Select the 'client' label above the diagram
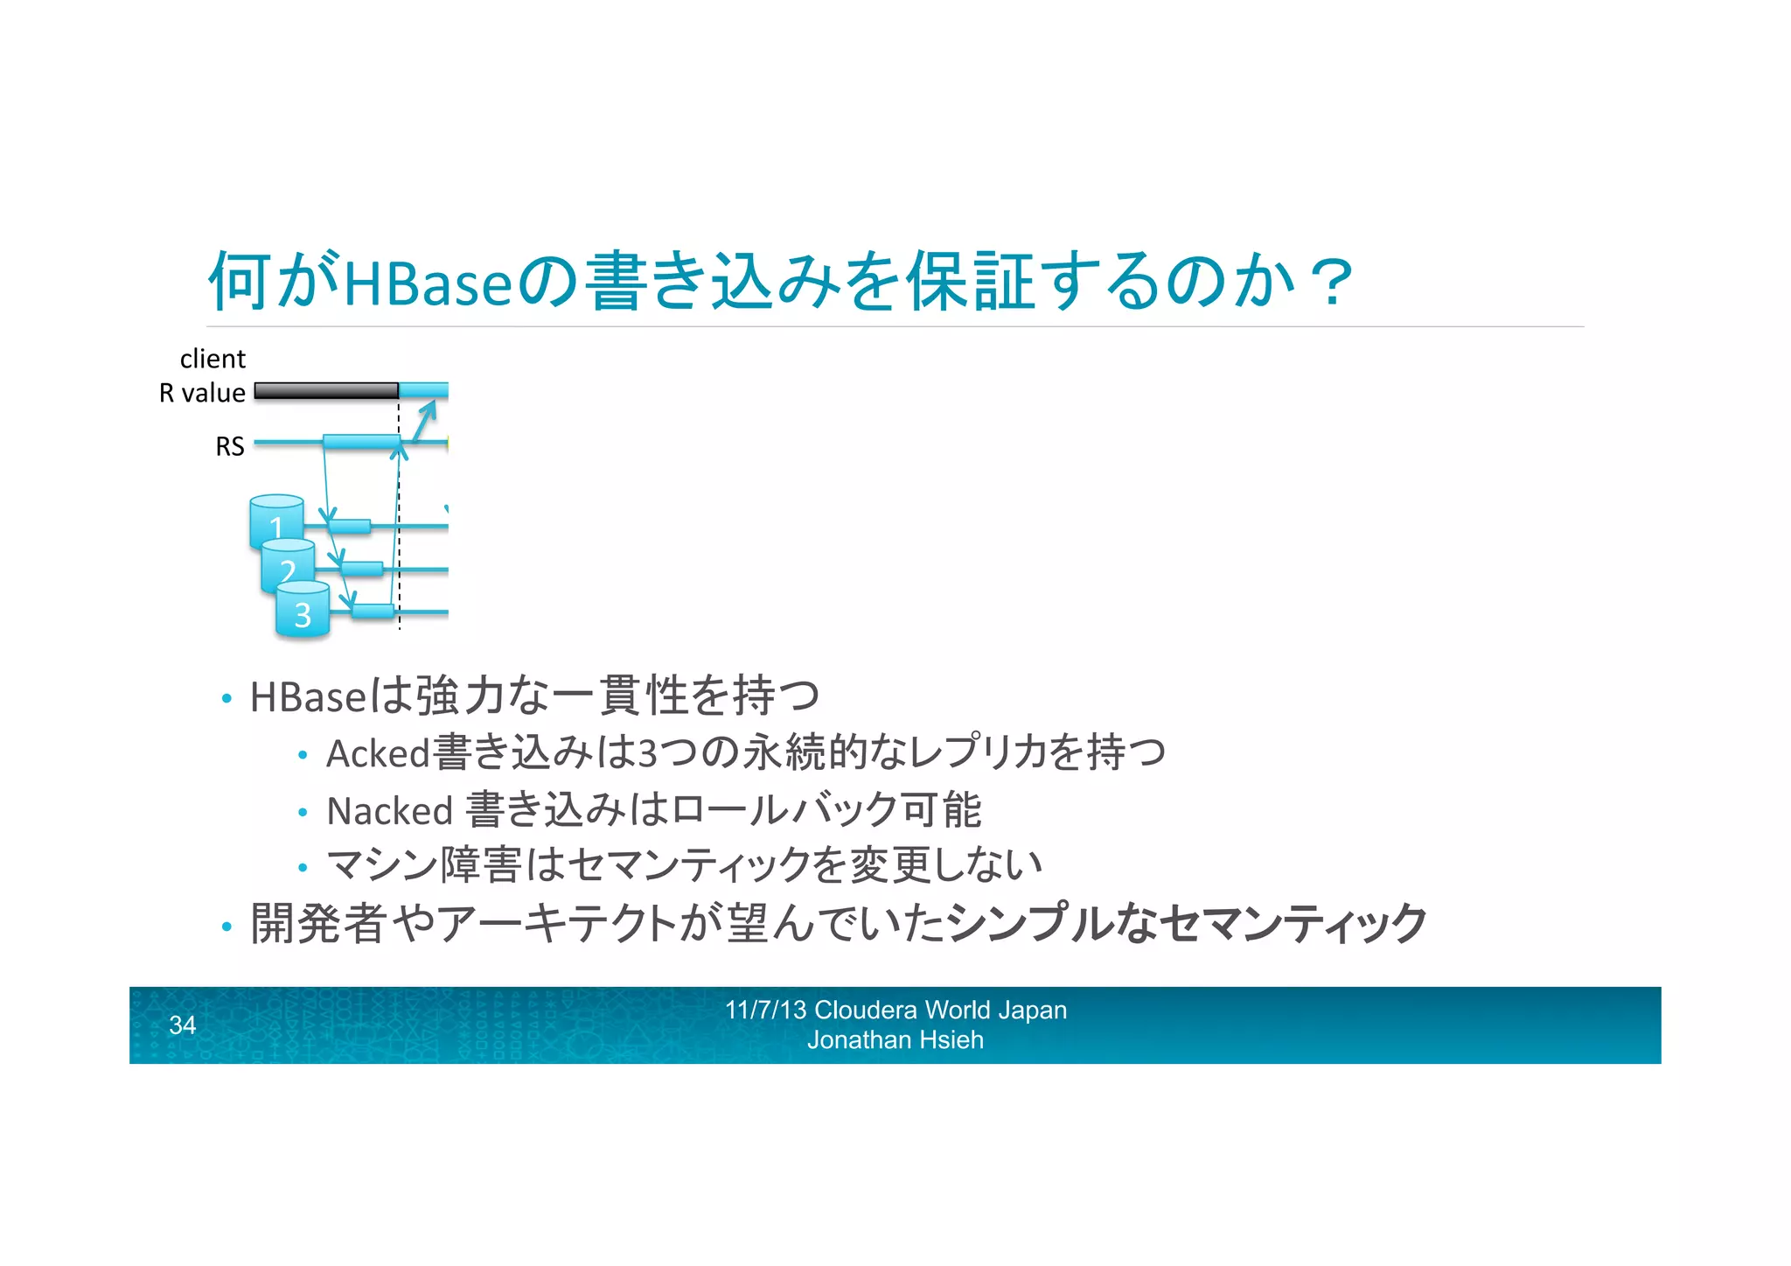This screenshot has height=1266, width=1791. (213, 359)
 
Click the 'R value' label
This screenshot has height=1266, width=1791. (202, 394)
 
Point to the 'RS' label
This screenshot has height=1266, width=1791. (230, 447)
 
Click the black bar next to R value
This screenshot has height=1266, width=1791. (326, 391)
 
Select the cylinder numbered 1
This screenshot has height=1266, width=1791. (276, 523)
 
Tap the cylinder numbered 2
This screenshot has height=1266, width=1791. (288, 567)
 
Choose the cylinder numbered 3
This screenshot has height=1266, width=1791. (303, 612)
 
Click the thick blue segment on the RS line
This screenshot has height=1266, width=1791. (360, 442)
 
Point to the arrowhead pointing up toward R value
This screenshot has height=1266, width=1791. (429, 409)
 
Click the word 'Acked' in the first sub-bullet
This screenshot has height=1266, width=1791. (378, 753)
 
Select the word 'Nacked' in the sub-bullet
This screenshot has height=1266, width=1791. (389, 811)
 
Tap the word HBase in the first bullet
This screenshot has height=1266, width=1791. (308, 697)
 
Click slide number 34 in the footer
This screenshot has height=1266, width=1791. (182, 1025)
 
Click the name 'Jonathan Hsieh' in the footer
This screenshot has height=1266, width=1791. (895, 1040)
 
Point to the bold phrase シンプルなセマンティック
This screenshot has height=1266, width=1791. (1188, 923)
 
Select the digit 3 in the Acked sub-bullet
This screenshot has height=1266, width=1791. (648, 753)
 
